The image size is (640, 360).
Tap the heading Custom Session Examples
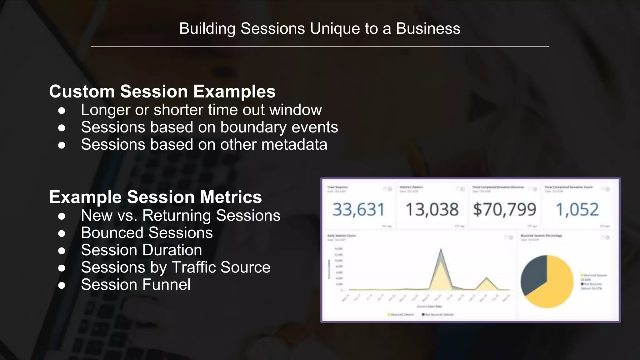(x=162, y=91)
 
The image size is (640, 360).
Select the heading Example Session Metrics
(x=155, y=197)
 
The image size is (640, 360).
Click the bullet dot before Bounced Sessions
(x=62, y=233)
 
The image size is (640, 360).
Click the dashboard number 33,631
(x=358, y=209)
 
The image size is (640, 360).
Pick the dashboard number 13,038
(x=432, y=209)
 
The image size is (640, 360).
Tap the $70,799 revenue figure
(x=504, y=209)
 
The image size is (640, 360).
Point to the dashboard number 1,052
(x=577, y=209)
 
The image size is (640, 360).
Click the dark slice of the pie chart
(x=533, y=275)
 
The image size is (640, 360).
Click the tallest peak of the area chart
(x=441, y=250)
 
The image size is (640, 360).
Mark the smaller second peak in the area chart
(x=486, y=278)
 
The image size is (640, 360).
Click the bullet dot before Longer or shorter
(x=62, y=110)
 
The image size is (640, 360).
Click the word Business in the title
(x=428, y=29)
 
